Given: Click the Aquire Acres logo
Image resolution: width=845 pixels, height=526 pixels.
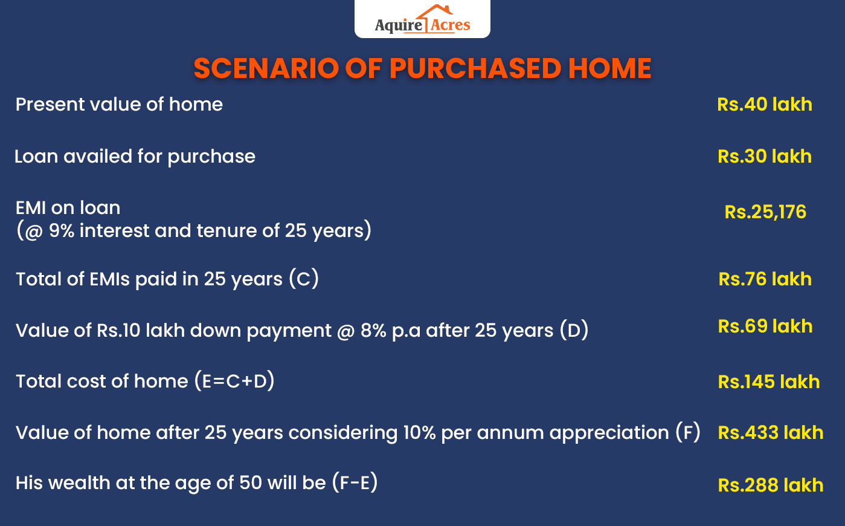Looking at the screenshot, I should [x=422, y=20].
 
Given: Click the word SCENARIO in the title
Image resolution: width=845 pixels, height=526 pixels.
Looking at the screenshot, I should [x=266, y=68].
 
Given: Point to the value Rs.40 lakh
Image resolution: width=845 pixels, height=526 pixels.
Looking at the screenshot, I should [x=764, y=105].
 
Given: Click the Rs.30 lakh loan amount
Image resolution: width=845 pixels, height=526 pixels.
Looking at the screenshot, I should [x=764, y=157].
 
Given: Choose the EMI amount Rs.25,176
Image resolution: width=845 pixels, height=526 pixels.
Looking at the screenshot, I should [x=765, y=212].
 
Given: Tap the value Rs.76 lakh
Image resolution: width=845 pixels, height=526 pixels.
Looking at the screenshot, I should [x=765, y=279].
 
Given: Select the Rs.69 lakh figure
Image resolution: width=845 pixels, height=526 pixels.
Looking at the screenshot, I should [x=765, y=326].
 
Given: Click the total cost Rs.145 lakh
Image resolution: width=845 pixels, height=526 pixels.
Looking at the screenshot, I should [x=768, y=382].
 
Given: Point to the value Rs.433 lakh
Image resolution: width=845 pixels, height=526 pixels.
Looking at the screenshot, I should [x=770, y=433].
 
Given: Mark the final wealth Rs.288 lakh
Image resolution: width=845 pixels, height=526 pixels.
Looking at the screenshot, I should [x=770, y=485].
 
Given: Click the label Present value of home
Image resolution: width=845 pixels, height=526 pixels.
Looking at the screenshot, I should [x=119, y=105].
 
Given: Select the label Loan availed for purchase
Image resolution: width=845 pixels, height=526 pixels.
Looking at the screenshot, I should [x=135, y=157].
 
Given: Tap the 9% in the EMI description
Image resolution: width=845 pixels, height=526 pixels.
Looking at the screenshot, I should [x=62, y=231].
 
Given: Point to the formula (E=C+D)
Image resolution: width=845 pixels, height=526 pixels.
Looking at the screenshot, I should [x=234, y=382].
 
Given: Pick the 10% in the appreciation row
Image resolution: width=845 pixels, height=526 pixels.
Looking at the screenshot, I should [x=419, y=433].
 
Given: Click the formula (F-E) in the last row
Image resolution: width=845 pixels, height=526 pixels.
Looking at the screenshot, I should [x=355, y=483].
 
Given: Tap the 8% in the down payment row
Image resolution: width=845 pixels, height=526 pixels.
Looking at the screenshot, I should [x=373, y=331].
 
